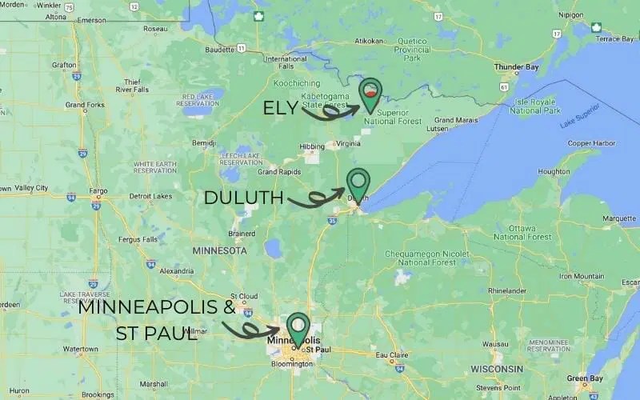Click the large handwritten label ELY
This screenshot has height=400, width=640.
(x=280, y=109)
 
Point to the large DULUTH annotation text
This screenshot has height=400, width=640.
(x=243, y=198)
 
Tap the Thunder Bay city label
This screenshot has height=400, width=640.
(x=514, y=67)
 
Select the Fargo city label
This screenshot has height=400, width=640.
(x=98, y=192)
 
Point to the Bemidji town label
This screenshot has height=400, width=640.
(x=205, y=142)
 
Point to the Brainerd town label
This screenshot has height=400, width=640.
(x=219, y=234)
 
